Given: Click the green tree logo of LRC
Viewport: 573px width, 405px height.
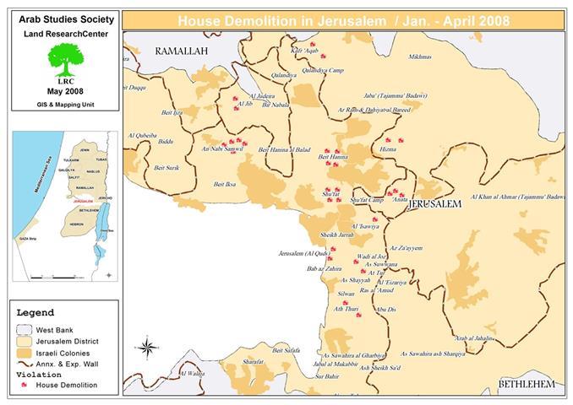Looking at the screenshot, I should pyautogui.click(x=64, y=60).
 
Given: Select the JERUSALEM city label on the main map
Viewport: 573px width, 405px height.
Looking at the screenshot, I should pyautogui.click(x=434, y=205).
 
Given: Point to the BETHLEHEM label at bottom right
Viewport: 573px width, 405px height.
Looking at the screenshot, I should pyautogui.click(x=526, y=384).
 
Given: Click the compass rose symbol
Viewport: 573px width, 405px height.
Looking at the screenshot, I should pyautogui.click(x=146, y=347).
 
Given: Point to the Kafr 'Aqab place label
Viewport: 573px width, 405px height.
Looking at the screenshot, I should pyautogui.click(x=307, y=52).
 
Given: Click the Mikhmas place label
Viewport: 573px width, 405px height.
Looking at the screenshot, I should pyautogui.click(x=419, y=57).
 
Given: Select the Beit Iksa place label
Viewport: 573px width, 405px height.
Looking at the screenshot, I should pyautogui.click(x=225, y=184).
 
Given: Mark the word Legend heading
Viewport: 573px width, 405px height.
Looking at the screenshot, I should pyautogui.click(x=35, y=312).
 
